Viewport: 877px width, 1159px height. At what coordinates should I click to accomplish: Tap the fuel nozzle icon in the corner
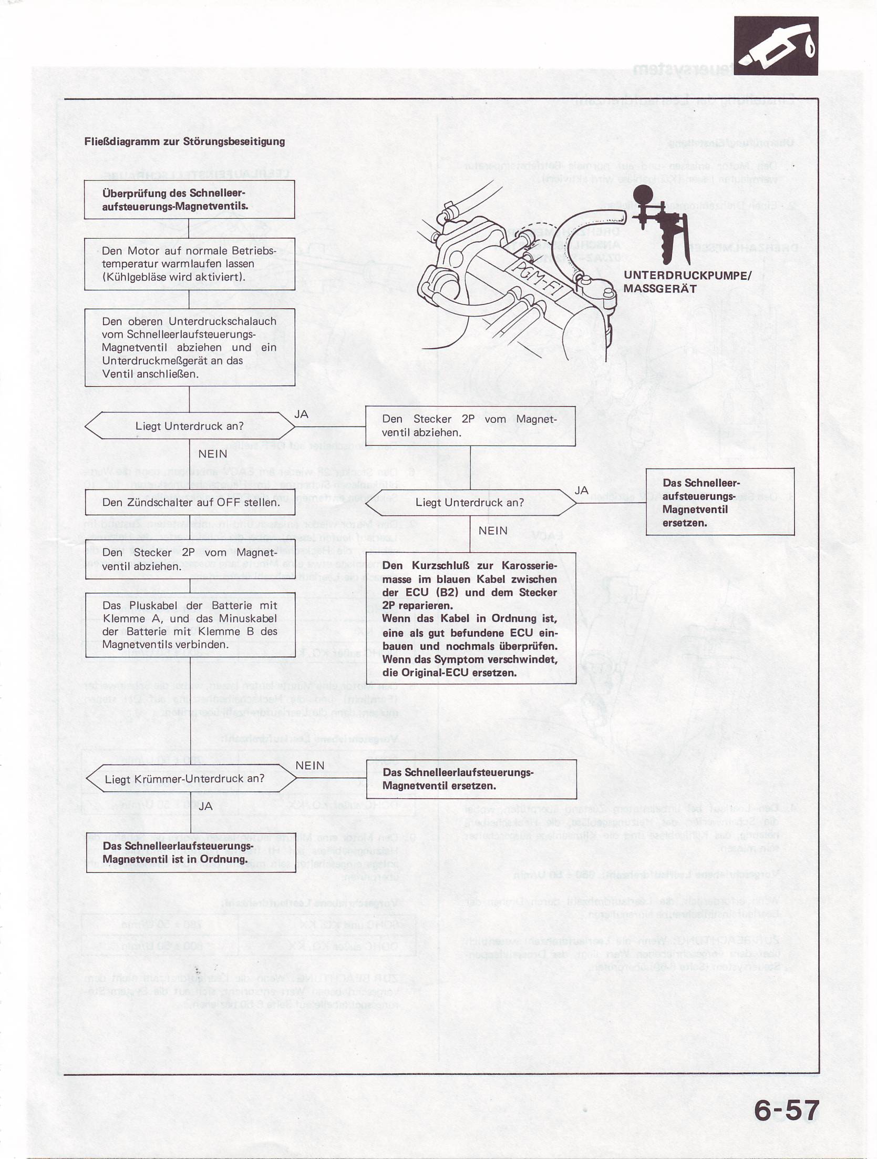[776, 46]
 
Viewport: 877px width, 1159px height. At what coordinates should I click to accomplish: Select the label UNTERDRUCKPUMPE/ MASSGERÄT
[687, 282]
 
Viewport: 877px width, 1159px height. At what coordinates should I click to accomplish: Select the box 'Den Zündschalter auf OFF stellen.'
[190, 502]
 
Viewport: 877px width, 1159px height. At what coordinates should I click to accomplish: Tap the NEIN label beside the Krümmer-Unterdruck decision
[309, 766]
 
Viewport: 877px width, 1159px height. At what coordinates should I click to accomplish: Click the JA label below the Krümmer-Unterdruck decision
[205, 806]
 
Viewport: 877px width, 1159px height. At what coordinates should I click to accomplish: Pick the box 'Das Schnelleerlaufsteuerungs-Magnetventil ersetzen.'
[471, 779]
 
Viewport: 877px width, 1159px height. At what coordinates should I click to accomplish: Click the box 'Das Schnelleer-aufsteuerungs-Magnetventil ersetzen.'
[719, 502]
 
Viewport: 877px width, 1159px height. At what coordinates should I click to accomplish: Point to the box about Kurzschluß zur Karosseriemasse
[471, 618]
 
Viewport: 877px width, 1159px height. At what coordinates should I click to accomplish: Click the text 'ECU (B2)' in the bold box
[439, 592]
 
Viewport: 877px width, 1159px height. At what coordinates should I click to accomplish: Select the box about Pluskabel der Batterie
[190, 625]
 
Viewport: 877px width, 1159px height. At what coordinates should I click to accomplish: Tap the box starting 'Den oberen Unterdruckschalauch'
[189, 347]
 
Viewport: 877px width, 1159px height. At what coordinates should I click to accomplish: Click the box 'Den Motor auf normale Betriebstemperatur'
[189, 263]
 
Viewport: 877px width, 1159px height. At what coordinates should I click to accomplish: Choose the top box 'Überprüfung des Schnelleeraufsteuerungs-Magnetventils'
[189, 199]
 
